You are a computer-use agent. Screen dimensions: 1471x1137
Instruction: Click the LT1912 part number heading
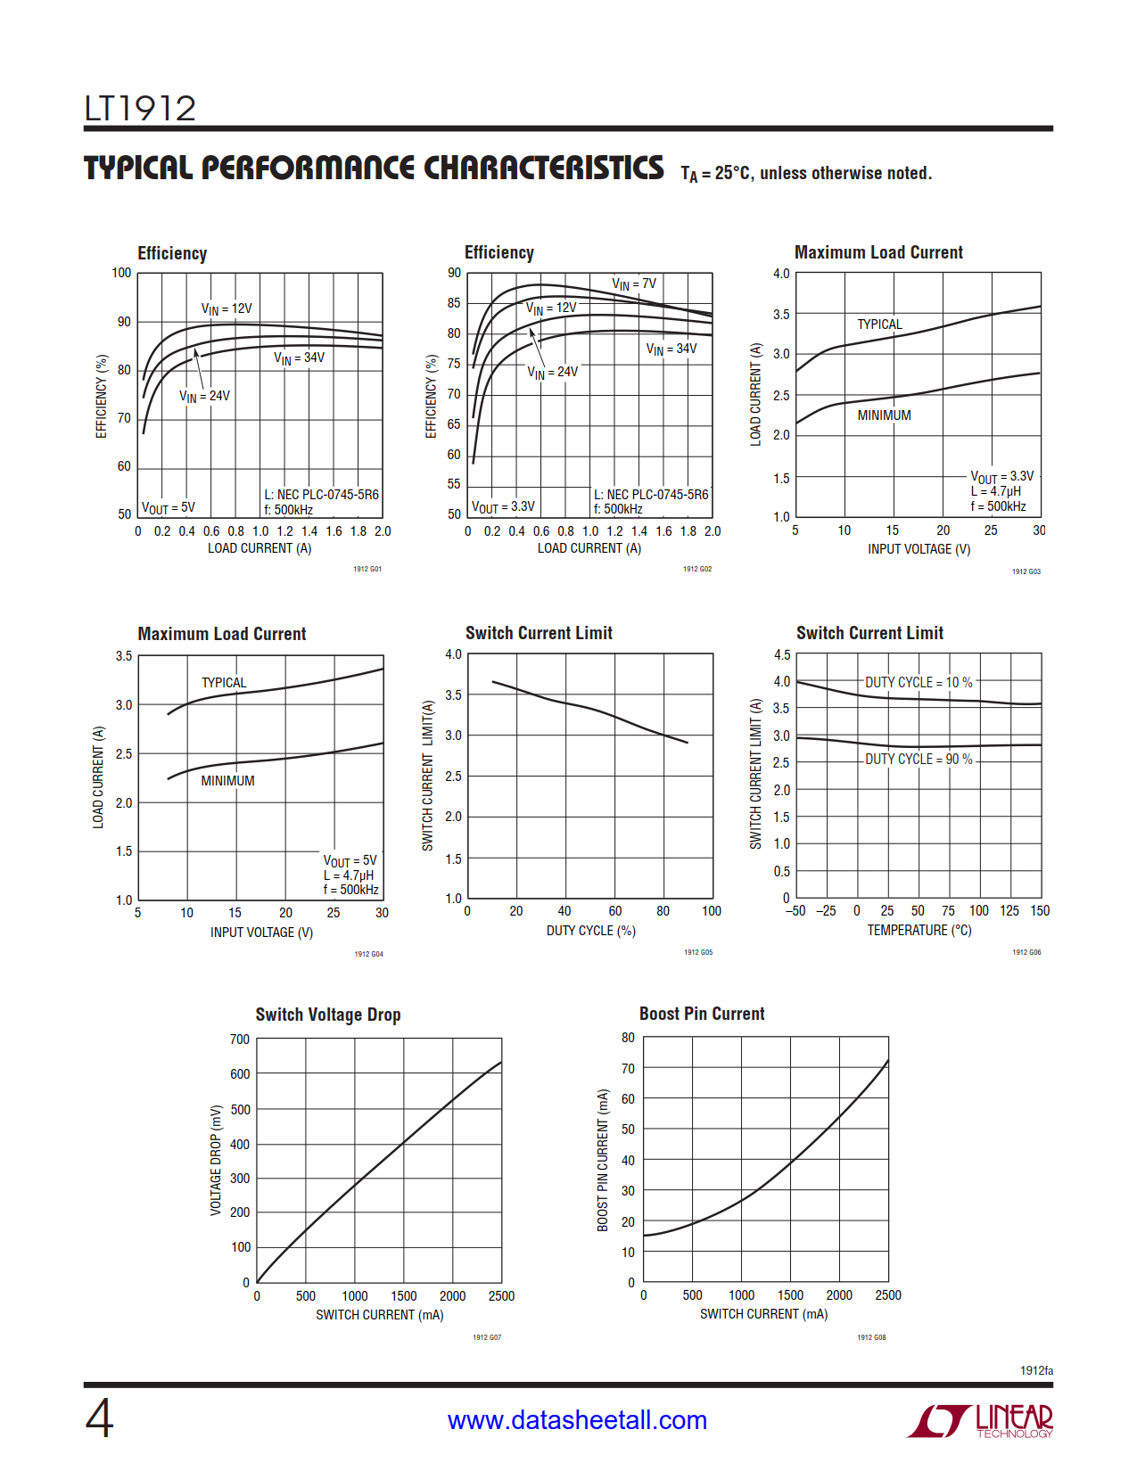pyautogui.click(x=140, y=109)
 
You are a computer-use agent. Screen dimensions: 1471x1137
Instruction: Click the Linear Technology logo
pyautogui.click(x=980, y=1420)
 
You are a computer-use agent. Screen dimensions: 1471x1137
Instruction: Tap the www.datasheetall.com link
pyautogui.click(x=577, y=1420)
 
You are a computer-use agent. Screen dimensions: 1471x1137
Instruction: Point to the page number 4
pyautogui.click(x=99, y=1418)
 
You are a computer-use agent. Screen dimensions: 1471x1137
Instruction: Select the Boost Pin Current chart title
pyautogui.click(x=702, y=1014)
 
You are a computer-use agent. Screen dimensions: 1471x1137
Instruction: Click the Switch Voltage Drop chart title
pyautogui.click(x=328, y=1015)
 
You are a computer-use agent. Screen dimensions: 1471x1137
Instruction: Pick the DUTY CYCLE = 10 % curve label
pyautogui.click(x=919, y=682)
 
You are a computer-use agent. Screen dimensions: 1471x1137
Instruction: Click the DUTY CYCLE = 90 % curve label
pyautogui.click(x=919, y=759)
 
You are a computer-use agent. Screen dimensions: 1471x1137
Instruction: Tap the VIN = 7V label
pyautogui.click(x=634, y=284)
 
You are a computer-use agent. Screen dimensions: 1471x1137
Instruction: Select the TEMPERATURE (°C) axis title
pyautogui.click(x=919, y=930)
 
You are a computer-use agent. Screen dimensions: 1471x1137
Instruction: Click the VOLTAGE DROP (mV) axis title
pyautogui.click(x=216, y=1160)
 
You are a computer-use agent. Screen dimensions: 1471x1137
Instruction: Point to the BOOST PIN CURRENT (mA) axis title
pyautogui.click(x=603, y=1160)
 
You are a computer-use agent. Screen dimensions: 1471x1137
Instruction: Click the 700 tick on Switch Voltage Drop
pyautogui.click(x=240, y=1040)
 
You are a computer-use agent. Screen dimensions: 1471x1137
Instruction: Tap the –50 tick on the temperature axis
pyautogui.click(x=795, y=911)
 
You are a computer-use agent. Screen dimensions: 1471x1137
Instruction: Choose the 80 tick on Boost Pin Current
pyautogui.click(x=629, y=1038)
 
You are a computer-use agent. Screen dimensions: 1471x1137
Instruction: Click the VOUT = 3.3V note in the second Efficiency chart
pyautogui.click(x=503, y=506)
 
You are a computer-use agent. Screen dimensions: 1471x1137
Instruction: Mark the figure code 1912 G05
pyautogui.click(x=698, y=952)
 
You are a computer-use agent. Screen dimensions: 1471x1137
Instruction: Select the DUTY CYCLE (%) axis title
pyautogui.click(x=591, y=931)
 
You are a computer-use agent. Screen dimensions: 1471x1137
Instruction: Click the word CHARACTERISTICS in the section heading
pyautogui.click(x=543, y=168)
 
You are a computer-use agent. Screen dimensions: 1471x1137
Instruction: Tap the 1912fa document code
pyautogui.click(x=1036, y=1370)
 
